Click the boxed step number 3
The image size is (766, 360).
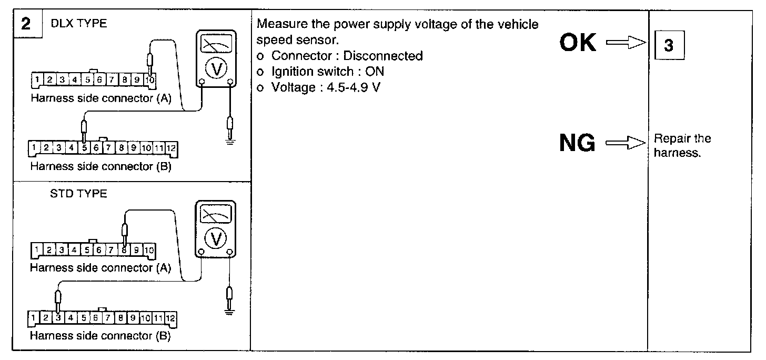click(668, 46)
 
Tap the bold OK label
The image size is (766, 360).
click(578, 43)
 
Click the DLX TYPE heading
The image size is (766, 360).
click(79, 24)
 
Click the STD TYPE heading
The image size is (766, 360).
click(77, 194)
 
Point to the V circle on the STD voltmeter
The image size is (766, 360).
click(216, 239)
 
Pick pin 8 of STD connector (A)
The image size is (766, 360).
click(124, 250)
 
